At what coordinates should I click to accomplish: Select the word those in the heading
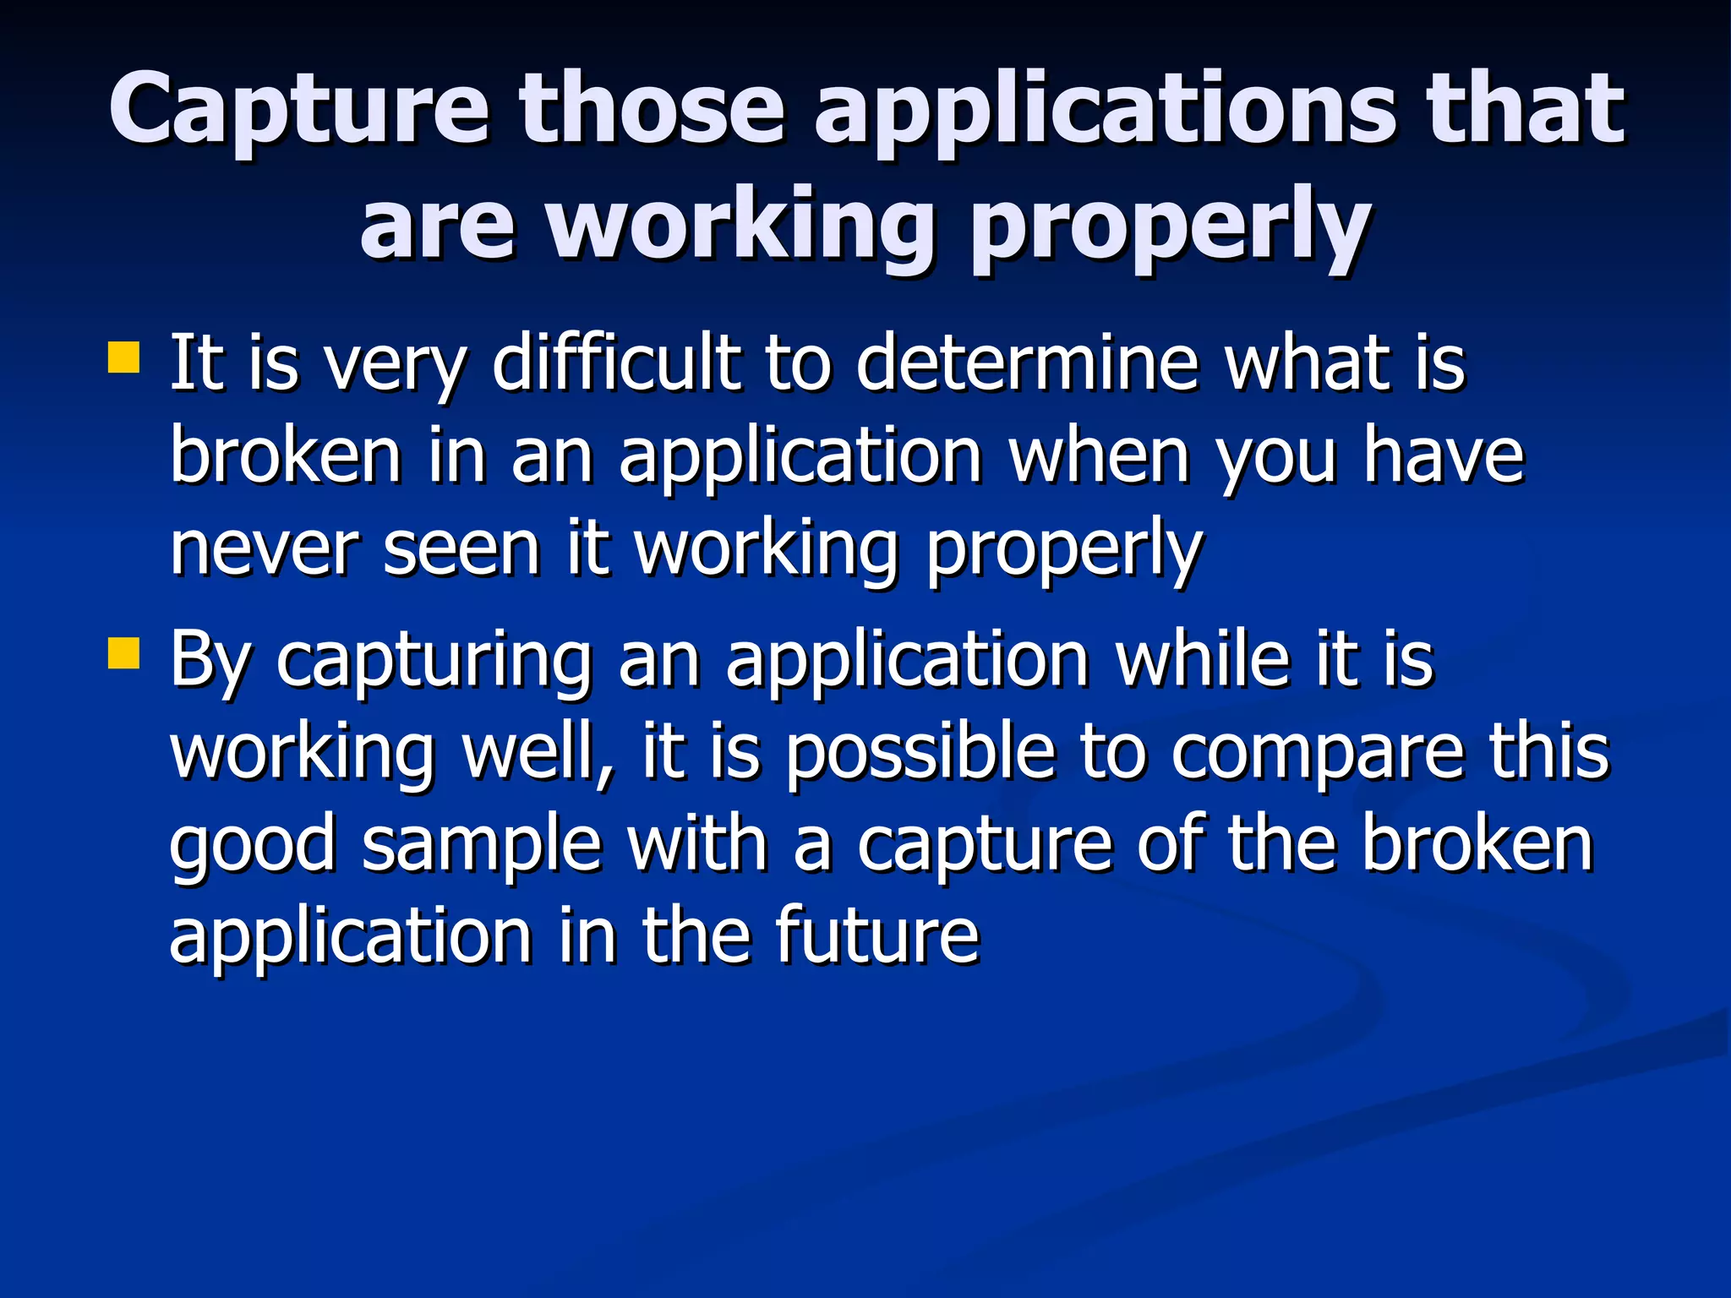652,110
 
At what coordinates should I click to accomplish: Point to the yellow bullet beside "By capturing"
123,652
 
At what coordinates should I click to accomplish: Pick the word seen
461,549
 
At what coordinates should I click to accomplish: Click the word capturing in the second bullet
434,661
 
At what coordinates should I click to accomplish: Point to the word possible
920,752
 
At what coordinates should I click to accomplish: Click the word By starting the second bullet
210,661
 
